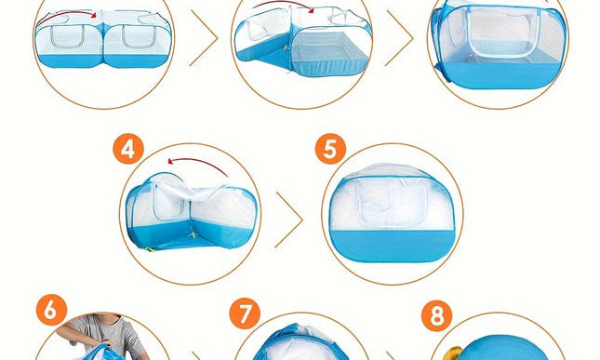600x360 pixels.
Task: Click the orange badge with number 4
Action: (x=128, y=149)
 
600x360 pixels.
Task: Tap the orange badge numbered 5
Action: (x=330, y=149)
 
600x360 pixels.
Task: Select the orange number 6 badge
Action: (x=52, y=310)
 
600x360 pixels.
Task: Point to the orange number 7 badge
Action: (x=245, y=313)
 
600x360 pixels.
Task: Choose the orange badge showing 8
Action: (x=436, y=315)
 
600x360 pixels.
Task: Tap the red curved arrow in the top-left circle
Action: (x=67, y=15)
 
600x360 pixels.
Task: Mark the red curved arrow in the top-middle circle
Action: (x=283, y=4)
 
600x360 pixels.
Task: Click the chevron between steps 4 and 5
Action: (x=289, y=220)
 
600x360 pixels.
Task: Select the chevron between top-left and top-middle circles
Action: (x=204, y=38)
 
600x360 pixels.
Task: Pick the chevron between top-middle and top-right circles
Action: (x=399, y=38)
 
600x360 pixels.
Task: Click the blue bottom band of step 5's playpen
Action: (x=393, y=246)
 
